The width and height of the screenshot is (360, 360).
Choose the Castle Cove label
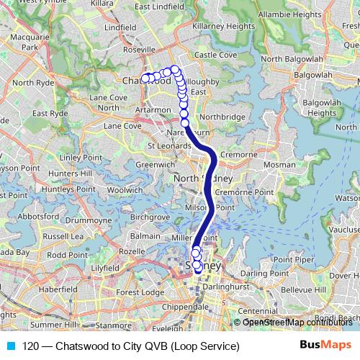pos(215,55)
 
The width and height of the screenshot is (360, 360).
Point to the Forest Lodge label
pos(140,292)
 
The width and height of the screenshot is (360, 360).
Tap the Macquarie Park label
pos(29,42)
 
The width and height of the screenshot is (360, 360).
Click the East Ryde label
pos(50,113)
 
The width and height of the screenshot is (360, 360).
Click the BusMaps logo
pos(325,346)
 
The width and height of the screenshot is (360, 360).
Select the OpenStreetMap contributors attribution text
pos(297,322)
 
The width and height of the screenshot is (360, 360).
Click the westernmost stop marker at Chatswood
pos(145,78)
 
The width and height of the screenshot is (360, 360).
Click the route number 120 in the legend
pos(30,346)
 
